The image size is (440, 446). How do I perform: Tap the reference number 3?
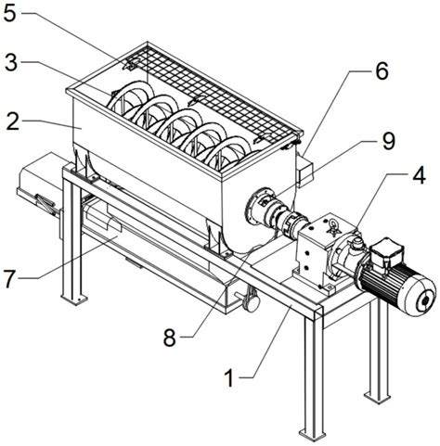(x=11, y=63)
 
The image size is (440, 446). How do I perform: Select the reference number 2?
(x=13, y=121)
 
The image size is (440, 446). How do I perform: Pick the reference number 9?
(x=388, y=141)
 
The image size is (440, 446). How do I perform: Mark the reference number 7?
(x=10, y=279)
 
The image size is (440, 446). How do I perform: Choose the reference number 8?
(x=170, y=338)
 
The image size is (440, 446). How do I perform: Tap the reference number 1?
(x=229, y=377)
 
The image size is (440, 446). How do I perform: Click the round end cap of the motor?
(x=424, y=298)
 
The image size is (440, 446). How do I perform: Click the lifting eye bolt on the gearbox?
(x=335, y=226)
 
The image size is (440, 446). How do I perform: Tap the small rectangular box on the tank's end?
(x=304, y=172)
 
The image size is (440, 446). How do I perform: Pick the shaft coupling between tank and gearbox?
(x=293, y=222)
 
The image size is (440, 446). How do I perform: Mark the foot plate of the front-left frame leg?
(x=74, y=299)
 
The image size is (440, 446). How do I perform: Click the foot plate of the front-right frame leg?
(x=312, y=434)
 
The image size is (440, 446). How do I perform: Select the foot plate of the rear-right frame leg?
(x=377, y=397)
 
